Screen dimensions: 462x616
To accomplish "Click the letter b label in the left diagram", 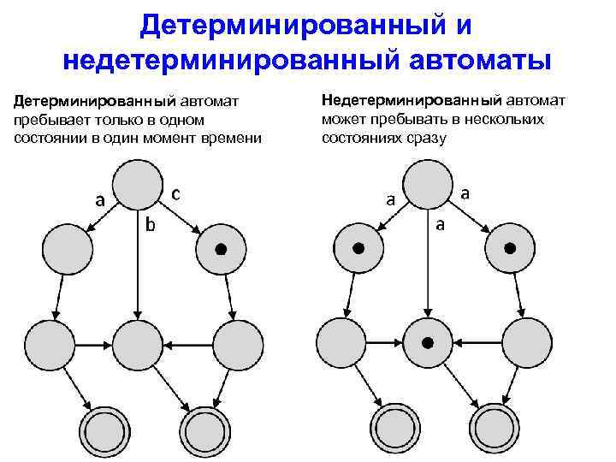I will point(150,225).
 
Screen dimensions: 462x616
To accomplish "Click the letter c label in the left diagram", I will point(175,193).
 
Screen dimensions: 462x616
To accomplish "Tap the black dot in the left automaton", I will point(220,249).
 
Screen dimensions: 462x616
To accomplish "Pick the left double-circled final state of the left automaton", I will point(104,425).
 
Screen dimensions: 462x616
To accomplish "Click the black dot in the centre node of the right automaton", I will point(427,343).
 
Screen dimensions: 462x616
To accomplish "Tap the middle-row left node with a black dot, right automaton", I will point(358,249).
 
